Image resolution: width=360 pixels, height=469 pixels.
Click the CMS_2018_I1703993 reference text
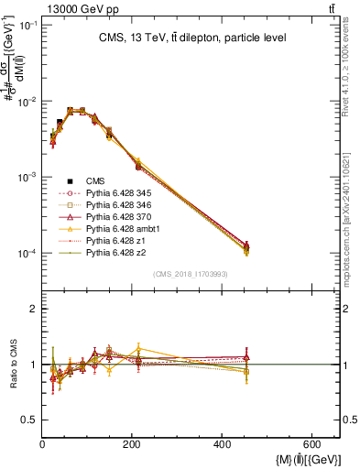point(191,274)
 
